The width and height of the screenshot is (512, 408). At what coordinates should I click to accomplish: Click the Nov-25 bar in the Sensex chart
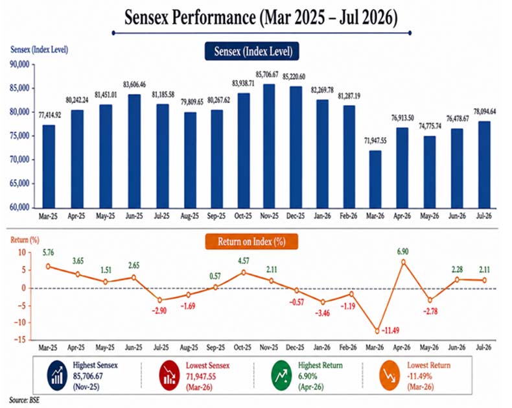pyautogui.click(x=269, y=146)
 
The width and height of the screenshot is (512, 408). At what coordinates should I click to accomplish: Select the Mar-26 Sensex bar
pyautogui.click(x=375, y=179)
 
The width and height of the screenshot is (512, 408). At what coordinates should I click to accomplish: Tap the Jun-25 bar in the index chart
pyautogui.click(x=134, y=151)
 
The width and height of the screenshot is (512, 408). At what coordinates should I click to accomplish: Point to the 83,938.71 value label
pyautogui.click(x=243, y=84)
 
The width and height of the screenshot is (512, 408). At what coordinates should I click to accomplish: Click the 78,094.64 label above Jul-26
pyautogui.click(x=485, y=112)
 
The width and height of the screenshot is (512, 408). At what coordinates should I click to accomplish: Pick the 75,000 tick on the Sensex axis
pyautogui.click(x=19, y=136)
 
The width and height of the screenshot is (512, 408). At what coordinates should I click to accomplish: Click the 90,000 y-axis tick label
pyautogui.click(x=19, y=64)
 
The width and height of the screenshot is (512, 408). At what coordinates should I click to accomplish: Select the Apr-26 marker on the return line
pyautogui.click(x=403, y=262)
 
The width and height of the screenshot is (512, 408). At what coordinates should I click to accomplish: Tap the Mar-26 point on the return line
pyautogui.click(x=377, y=331)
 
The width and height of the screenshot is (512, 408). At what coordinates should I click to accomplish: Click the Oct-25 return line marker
pyautogui.click(x=244, y=272)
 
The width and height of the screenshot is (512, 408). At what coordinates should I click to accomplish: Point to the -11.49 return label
pyautogui.click(x=390, y=331)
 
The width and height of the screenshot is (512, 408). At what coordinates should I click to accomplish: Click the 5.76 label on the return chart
pyautogui.click(x=49, y=252)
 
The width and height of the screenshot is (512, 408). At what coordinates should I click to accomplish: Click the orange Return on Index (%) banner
pyautogui.click(x=251, y=241)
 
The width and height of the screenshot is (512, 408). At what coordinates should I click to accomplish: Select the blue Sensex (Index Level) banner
pyautogui.click(x=251, y=51)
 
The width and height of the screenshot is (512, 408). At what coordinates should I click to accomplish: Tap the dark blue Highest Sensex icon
pyautogui.click(x=57, y=376)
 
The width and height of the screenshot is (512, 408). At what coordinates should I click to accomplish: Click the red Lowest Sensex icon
pyautogui.click(x=169, y=376)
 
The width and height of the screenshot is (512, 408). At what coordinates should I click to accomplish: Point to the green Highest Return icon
pyautogui.click(x=281, y=376)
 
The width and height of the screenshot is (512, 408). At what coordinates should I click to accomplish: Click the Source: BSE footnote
pyautogui.click(x=24, y=400)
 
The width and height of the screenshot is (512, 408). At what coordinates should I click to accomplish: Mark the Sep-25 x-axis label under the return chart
pyautogui.click(x=216, y=348)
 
